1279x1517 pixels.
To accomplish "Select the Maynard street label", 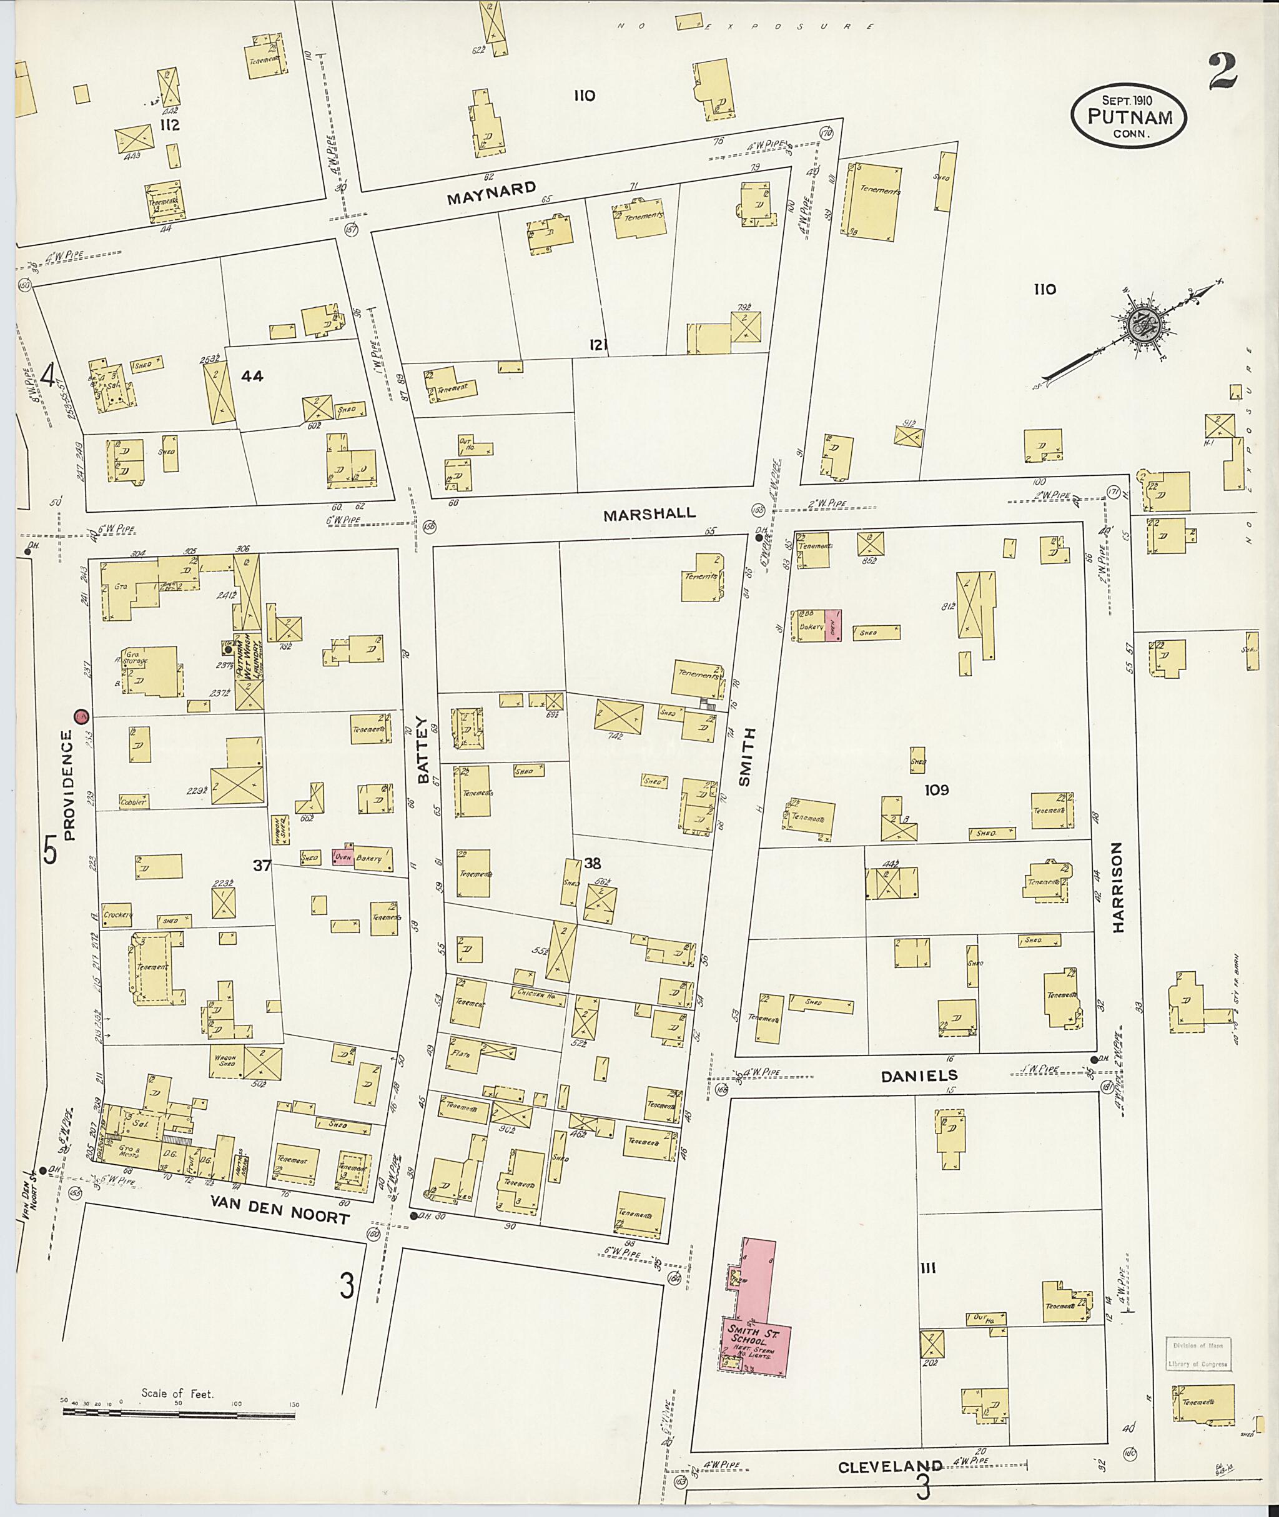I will (491, 193).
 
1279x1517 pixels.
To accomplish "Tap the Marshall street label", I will (649, 513).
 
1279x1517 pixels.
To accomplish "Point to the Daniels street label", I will (919, 1076).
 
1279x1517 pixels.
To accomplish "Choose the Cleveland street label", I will (891, 1466).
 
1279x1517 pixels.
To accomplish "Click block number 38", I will (593, 863).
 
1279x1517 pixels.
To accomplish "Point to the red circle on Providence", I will (81, 716).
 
